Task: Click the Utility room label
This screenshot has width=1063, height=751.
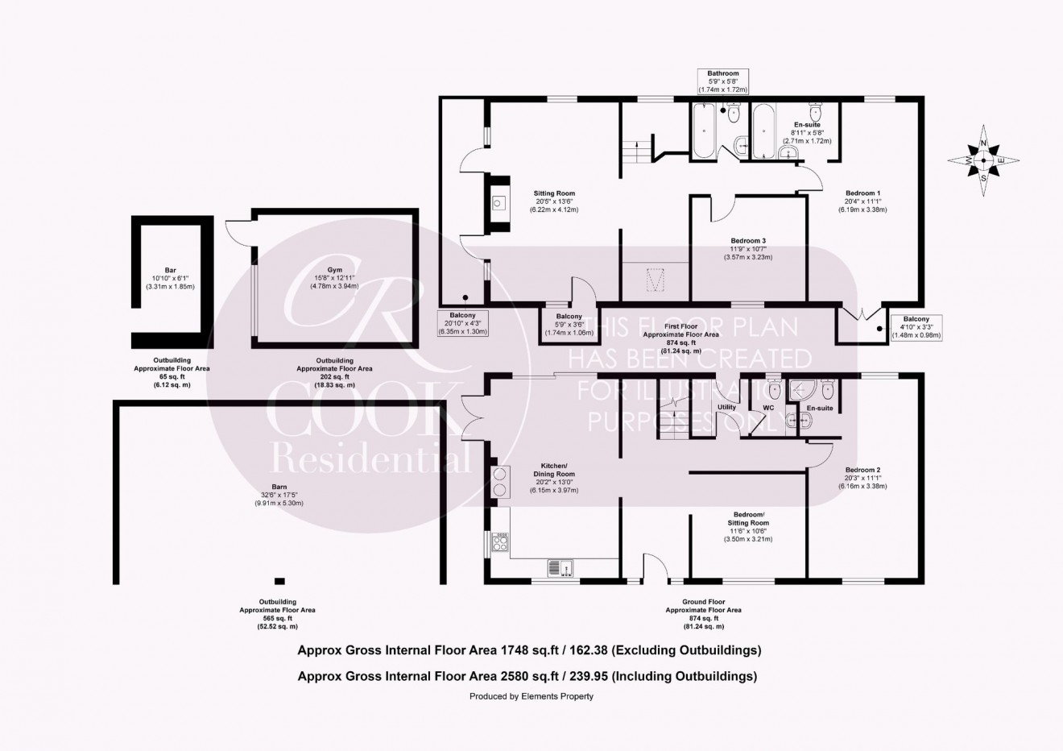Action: (x=726, y=408)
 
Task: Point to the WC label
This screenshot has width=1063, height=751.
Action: (x=768, y=408)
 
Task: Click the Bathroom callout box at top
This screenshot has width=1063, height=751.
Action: (x=722, y=81)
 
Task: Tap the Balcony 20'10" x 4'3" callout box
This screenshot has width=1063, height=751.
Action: (x=463, y=323)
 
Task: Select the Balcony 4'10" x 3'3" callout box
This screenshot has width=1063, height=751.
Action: (x=916, y=327)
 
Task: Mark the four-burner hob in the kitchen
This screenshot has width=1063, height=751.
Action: (x=500, y=544)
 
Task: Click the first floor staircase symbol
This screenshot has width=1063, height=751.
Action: (x=634, y=151)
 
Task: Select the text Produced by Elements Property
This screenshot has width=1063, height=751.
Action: (x=531, y=696)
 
